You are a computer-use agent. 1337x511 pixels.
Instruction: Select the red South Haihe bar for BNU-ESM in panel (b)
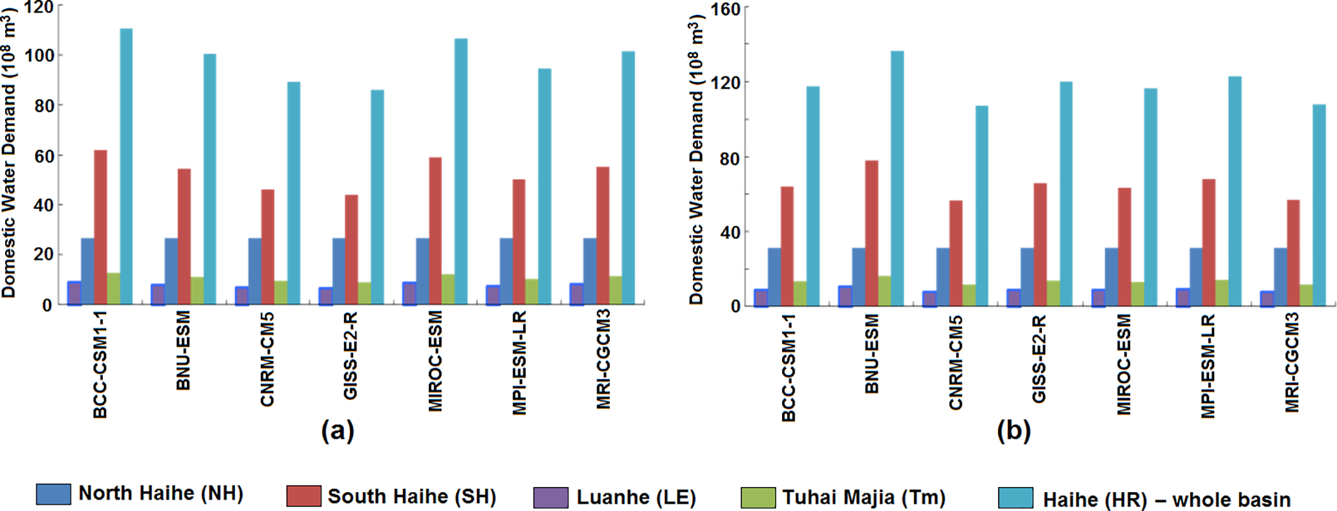coord(871,233)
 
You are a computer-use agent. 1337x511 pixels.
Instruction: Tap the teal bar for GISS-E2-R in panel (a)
coord(377,197)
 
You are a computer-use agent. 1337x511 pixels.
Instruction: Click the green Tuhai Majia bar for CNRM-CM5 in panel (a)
coord(281,292)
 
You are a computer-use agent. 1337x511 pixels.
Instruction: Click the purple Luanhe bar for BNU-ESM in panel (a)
coord(158,295)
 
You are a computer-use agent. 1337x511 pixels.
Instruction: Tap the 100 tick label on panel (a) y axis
coord(39,56)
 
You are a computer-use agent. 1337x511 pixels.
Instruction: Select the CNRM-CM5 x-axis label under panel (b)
coord(956,363)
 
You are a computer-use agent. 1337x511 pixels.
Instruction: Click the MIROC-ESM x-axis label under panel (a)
coord(435,360)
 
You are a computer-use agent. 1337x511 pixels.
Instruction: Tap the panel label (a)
coord(338,430)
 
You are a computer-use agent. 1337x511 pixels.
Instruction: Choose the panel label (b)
coord(1014,430)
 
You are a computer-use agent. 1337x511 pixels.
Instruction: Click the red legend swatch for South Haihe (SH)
coord(303,496)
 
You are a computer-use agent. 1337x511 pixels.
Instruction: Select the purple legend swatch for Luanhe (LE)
coord(550,497)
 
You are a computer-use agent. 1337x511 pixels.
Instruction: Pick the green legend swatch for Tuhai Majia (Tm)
coord(758,497)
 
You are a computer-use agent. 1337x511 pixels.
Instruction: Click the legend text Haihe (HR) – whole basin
coord(1166,499)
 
